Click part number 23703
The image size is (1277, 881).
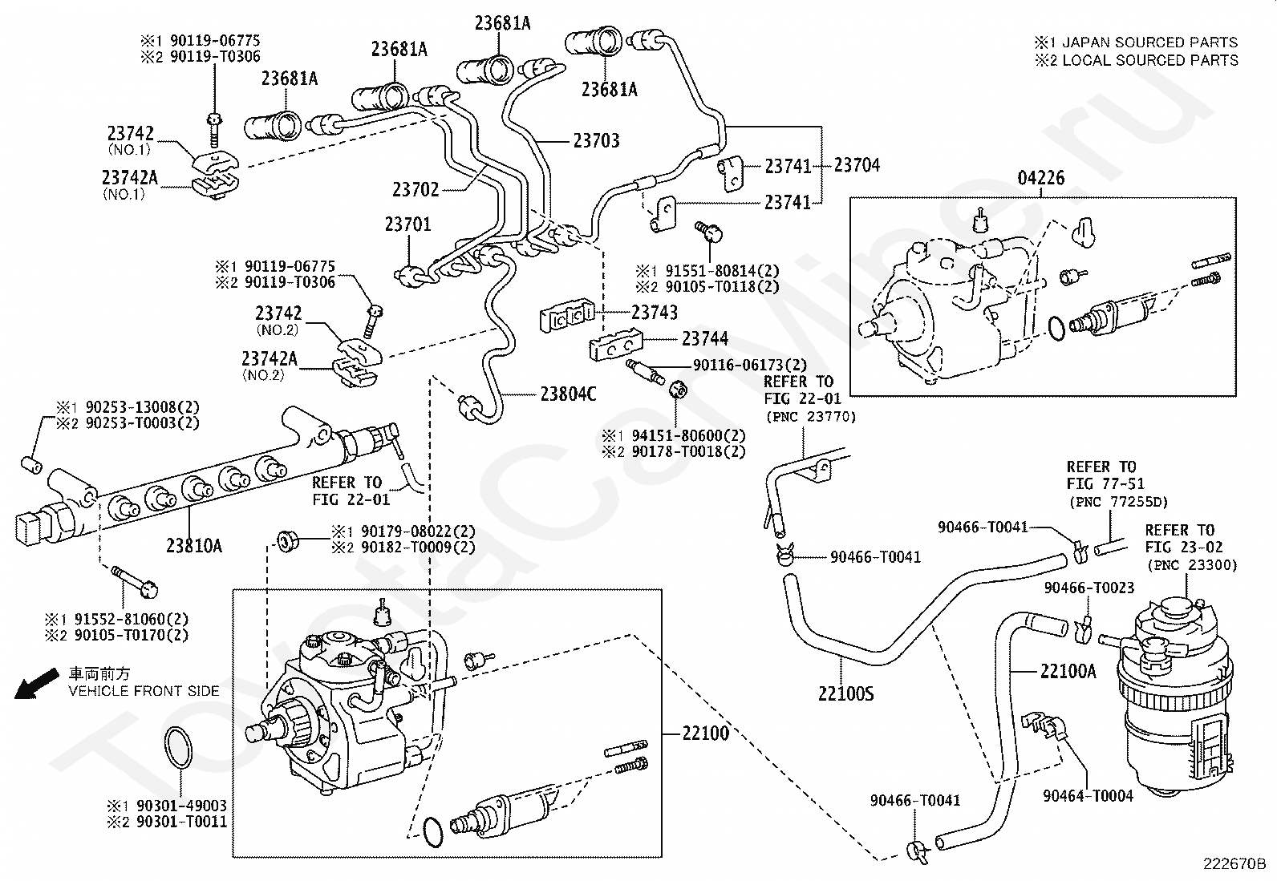[596, 141]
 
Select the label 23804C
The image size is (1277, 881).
[569, 394]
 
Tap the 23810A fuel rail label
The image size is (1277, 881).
[194, 546]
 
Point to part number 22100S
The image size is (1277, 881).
[846, 693]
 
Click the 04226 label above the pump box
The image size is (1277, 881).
[1041, 178]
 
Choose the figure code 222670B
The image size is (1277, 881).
[1234, 864]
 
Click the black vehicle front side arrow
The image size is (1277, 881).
[36, 683]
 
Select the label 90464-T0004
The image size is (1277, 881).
[1088, 796]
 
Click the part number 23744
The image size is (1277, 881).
[705, 339]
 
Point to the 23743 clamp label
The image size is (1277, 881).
[655, 313]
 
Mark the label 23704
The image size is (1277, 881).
[857, 165]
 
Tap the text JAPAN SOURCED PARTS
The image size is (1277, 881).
[1150, 42]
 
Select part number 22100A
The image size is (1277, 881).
[1068, 671]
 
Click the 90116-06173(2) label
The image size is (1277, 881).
[750, 365]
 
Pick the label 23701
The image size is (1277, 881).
[407, 224]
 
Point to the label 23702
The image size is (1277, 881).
[416, 190]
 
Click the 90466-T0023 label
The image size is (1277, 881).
[1089, 588]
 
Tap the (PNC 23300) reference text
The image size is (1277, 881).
[1193, 565]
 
